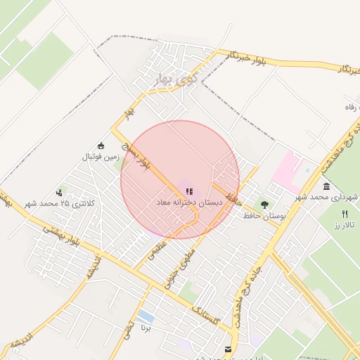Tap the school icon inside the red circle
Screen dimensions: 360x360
(189, 190)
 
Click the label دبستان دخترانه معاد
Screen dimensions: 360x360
(189, 202)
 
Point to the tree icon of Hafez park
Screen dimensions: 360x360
(264, 205)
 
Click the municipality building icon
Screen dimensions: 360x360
(327, 186)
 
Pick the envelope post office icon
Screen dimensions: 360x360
(228, 349)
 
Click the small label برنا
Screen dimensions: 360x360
(146, 328)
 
